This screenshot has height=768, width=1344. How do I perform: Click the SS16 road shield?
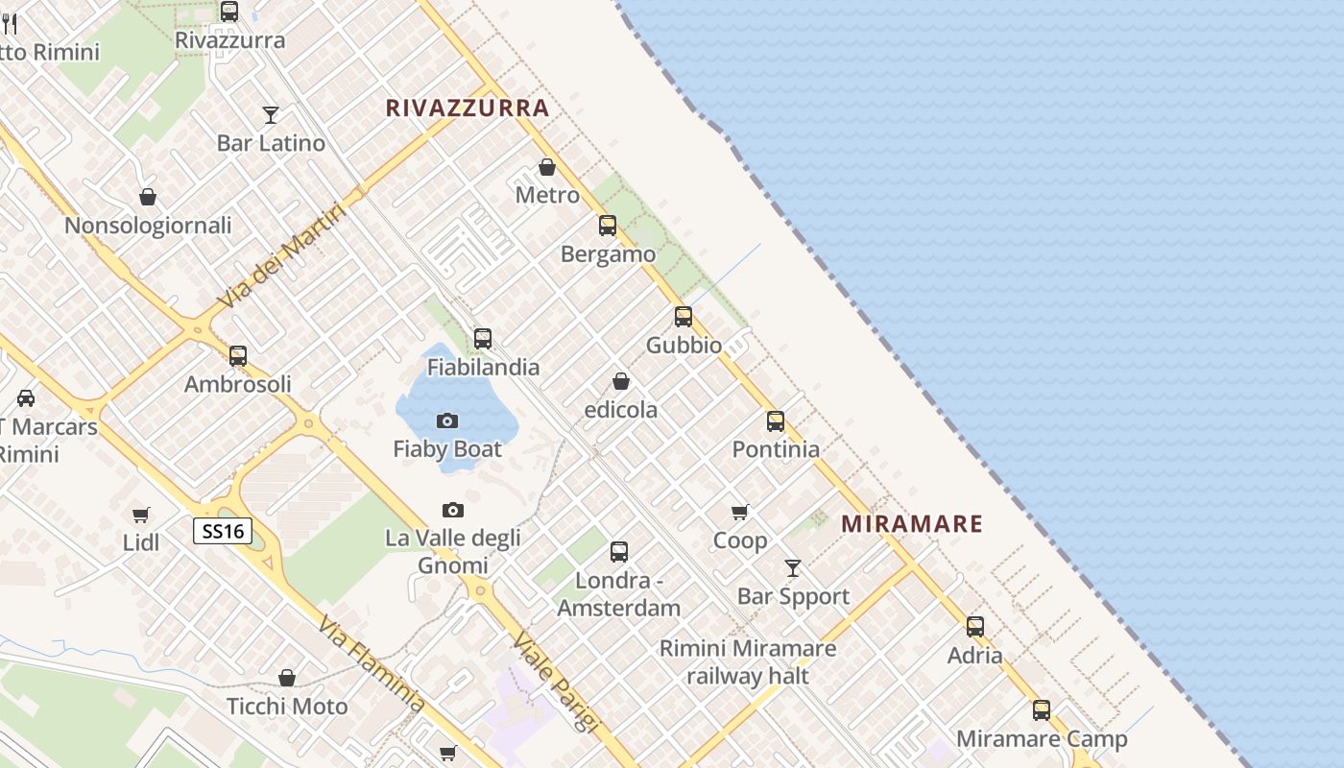pos(223,531)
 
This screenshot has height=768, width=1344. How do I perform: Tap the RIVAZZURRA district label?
pos(468,108)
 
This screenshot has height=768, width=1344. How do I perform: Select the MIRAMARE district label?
pos(912,524)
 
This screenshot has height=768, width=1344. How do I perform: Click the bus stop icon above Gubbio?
pos(684,317)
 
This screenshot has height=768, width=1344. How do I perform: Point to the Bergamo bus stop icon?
pos(608,226)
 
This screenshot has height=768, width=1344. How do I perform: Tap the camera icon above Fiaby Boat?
pos(447,420)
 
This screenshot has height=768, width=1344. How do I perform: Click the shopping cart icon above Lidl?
pos(141,515)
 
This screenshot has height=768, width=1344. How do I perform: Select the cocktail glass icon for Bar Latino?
pos(271,115)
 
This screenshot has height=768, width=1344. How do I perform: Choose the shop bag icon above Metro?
pos(547,168)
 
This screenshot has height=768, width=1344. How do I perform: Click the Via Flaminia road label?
pos(372,665)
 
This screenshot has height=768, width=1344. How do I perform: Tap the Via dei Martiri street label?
pos(280,257)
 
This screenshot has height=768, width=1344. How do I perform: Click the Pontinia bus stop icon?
pos(776,421)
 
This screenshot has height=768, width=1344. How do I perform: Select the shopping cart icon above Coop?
pos(739,513)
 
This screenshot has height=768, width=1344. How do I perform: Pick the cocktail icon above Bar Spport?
pos(793,568)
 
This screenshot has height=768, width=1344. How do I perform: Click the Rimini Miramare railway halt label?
pos(748,662)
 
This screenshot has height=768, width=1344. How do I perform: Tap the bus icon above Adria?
pos(975,627)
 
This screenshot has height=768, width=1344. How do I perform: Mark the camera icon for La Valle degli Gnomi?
pos(453,510)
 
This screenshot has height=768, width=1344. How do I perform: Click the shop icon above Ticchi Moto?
pos(287,679)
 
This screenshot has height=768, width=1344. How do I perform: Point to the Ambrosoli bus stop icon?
pos(238,356)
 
